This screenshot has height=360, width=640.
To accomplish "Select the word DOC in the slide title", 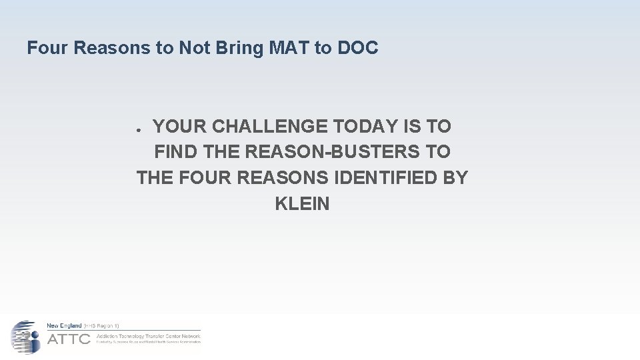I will [x=358, y=48].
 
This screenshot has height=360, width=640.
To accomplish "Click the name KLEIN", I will [x=302, y=204].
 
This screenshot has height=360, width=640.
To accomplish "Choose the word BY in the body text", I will [x=456, y=178].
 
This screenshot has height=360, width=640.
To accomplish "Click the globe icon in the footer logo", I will [x=25, y=337].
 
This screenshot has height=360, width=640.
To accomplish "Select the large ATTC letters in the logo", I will [x=69, y=339].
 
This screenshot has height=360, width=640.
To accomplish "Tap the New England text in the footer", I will [x=64, y=325].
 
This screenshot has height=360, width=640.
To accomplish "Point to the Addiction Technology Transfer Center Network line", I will [x=148, y=335].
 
